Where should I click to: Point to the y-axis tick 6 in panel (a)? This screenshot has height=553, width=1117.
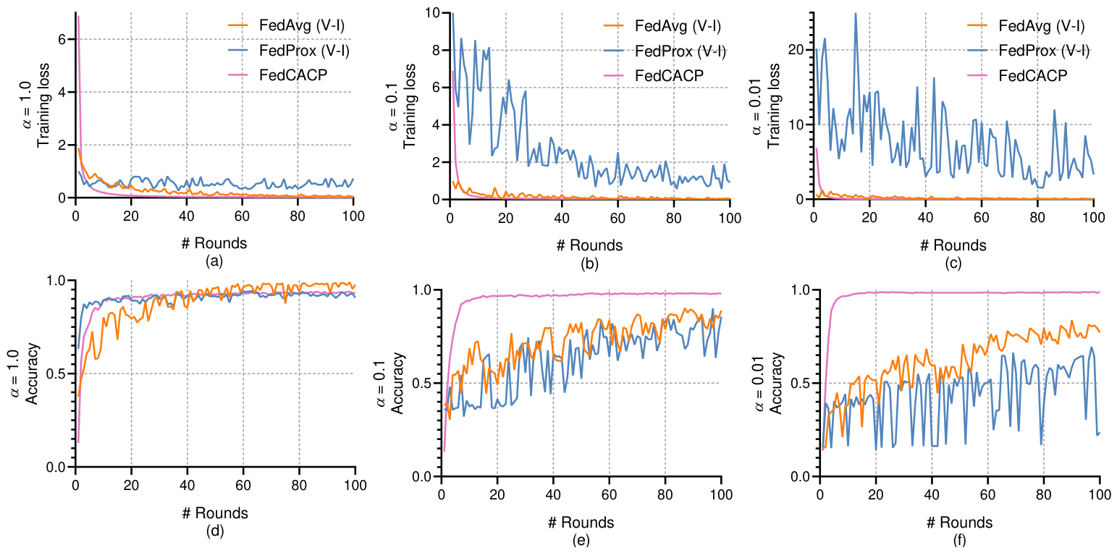pyautogui.click(x=62, y=39)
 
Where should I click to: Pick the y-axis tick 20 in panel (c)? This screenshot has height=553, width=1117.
pyautogui.click(x=797, y=50)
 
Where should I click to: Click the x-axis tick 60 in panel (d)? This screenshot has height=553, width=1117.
pyautogui.click(x=243, y=485)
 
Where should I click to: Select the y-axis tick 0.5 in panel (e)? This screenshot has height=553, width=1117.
pyautogui.click(x=422, y=383)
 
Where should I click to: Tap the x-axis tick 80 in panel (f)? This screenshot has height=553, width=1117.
pyautogui.click(x=1044, y=494)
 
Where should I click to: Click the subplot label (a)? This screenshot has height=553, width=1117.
pyautogui.click(x=214, y=261)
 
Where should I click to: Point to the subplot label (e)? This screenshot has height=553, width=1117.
pyautogui.click(x=581, y=540)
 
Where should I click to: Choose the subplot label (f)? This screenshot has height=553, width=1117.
pyautogui.click(x=959, y=540)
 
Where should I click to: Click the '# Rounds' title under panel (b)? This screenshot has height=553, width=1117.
pyautogui.click(x=589, y=245)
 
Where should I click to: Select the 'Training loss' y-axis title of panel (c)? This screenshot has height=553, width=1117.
pyautogui.click(x=773, y=106)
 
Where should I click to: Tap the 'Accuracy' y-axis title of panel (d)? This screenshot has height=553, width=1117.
pyautogui.click(x=31, y=373)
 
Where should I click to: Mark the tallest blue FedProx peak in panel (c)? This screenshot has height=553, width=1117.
pyautogui.click(x=856, y=14)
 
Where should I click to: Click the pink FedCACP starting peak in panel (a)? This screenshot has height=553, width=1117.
pyautogui.click(x=78, y=17)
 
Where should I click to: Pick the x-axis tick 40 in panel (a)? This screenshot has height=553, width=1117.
pyautogui.click(x=187, y=216)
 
